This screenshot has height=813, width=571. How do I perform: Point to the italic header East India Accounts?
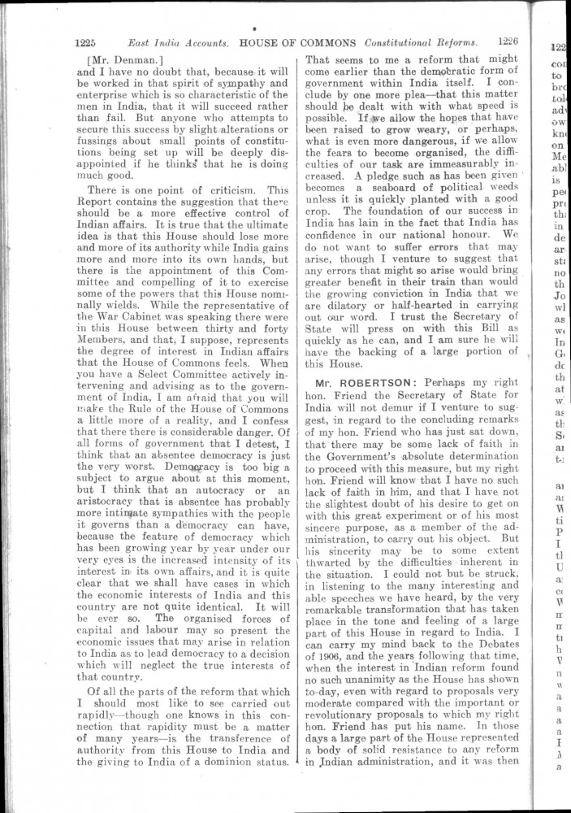pyautogui.click(x=178, y=43)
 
